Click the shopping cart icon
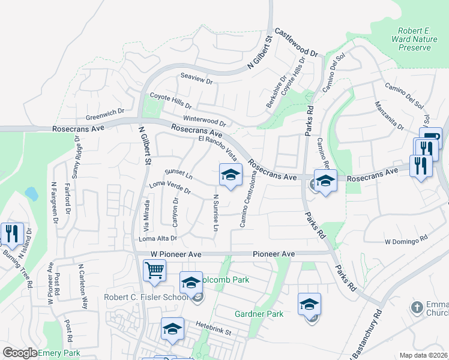click(154, 271)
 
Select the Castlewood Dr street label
click(296, 43)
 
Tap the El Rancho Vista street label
click(217, 149)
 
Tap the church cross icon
click(417, 308)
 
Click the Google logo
click(20, 353)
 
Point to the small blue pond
click(31, 194)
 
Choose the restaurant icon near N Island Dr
click(11, 233)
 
